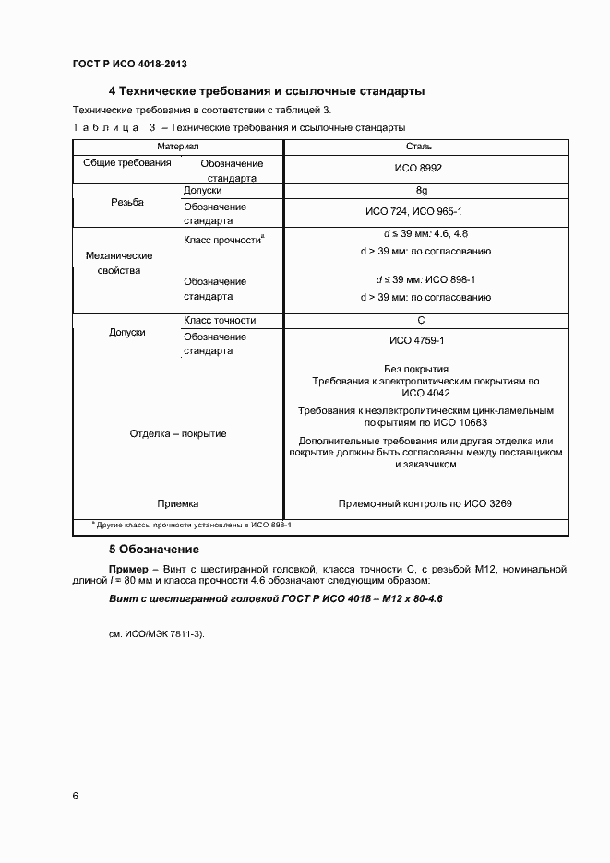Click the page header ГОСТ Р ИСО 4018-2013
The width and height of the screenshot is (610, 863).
pos(130,64)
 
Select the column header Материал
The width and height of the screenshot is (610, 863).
pos(178,147)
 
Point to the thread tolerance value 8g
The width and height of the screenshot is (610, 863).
pos(422,191)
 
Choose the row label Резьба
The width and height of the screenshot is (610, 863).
pos(127,203)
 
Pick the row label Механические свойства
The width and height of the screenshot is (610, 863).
pos(118,263)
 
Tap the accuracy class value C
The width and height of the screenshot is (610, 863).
pos(420,321)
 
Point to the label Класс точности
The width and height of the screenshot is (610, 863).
pos(220,321)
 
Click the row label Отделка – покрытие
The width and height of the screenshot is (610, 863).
pos(178,433)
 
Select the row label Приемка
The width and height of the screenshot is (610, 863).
pos(178,504)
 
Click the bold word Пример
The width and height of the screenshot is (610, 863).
pos(127,570)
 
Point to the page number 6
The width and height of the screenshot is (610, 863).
pos(75,796)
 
